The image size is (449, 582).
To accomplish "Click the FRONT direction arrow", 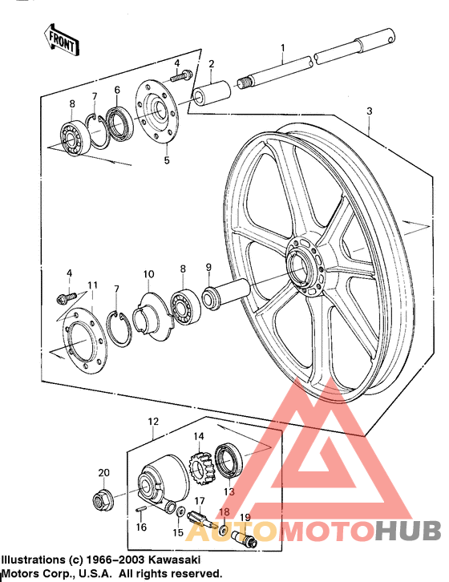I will click(x=60, y=38).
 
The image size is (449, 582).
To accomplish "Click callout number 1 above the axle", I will click(x=282, y=49).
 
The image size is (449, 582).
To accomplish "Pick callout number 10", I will click(x=148, y=275).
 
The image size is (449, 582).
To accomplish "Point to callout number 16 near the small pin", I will click(x=141, y=527).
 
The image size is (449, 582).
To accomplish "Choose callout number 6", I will click(x=117, y=90).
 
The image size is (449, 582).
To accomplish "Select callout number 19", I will click(x=245, y=517).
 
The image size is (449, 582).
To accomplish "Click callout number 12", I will click(x=152, y=421).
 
